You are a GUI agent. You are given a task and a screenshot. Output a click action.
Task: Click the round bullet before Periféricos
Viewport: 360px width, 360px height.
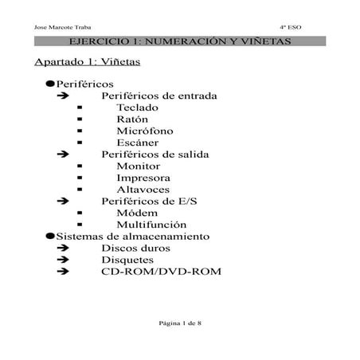pyautogui.click(x=50, y=84)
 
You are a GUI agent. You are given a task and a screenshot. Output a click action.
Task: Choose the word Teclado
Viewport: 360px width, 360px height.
pyautogui.click(x=137, y=107)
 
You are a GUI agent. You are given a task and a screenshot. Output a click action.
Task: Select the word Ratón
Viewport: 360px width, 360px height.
pyautogui.click(x=132, y=119)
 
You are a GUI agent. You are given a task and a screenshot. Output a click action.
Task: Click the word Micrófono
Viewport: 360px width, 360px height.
pyautogui.click(x=144, y=131)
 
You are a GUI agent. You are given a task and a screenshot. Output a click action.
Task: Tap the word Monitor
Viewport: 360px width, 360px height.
pyautogui.click(x=138, y=166)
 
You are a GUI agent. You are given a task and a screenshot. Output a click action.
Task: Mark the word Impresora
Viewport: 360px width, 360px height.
pyautogui.click(x=142, y=178)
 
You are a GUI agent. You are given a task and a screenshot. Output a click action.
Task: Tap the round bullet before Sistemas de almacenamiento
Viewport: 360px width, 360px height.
pyautogui.click(x=50, y=237)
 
